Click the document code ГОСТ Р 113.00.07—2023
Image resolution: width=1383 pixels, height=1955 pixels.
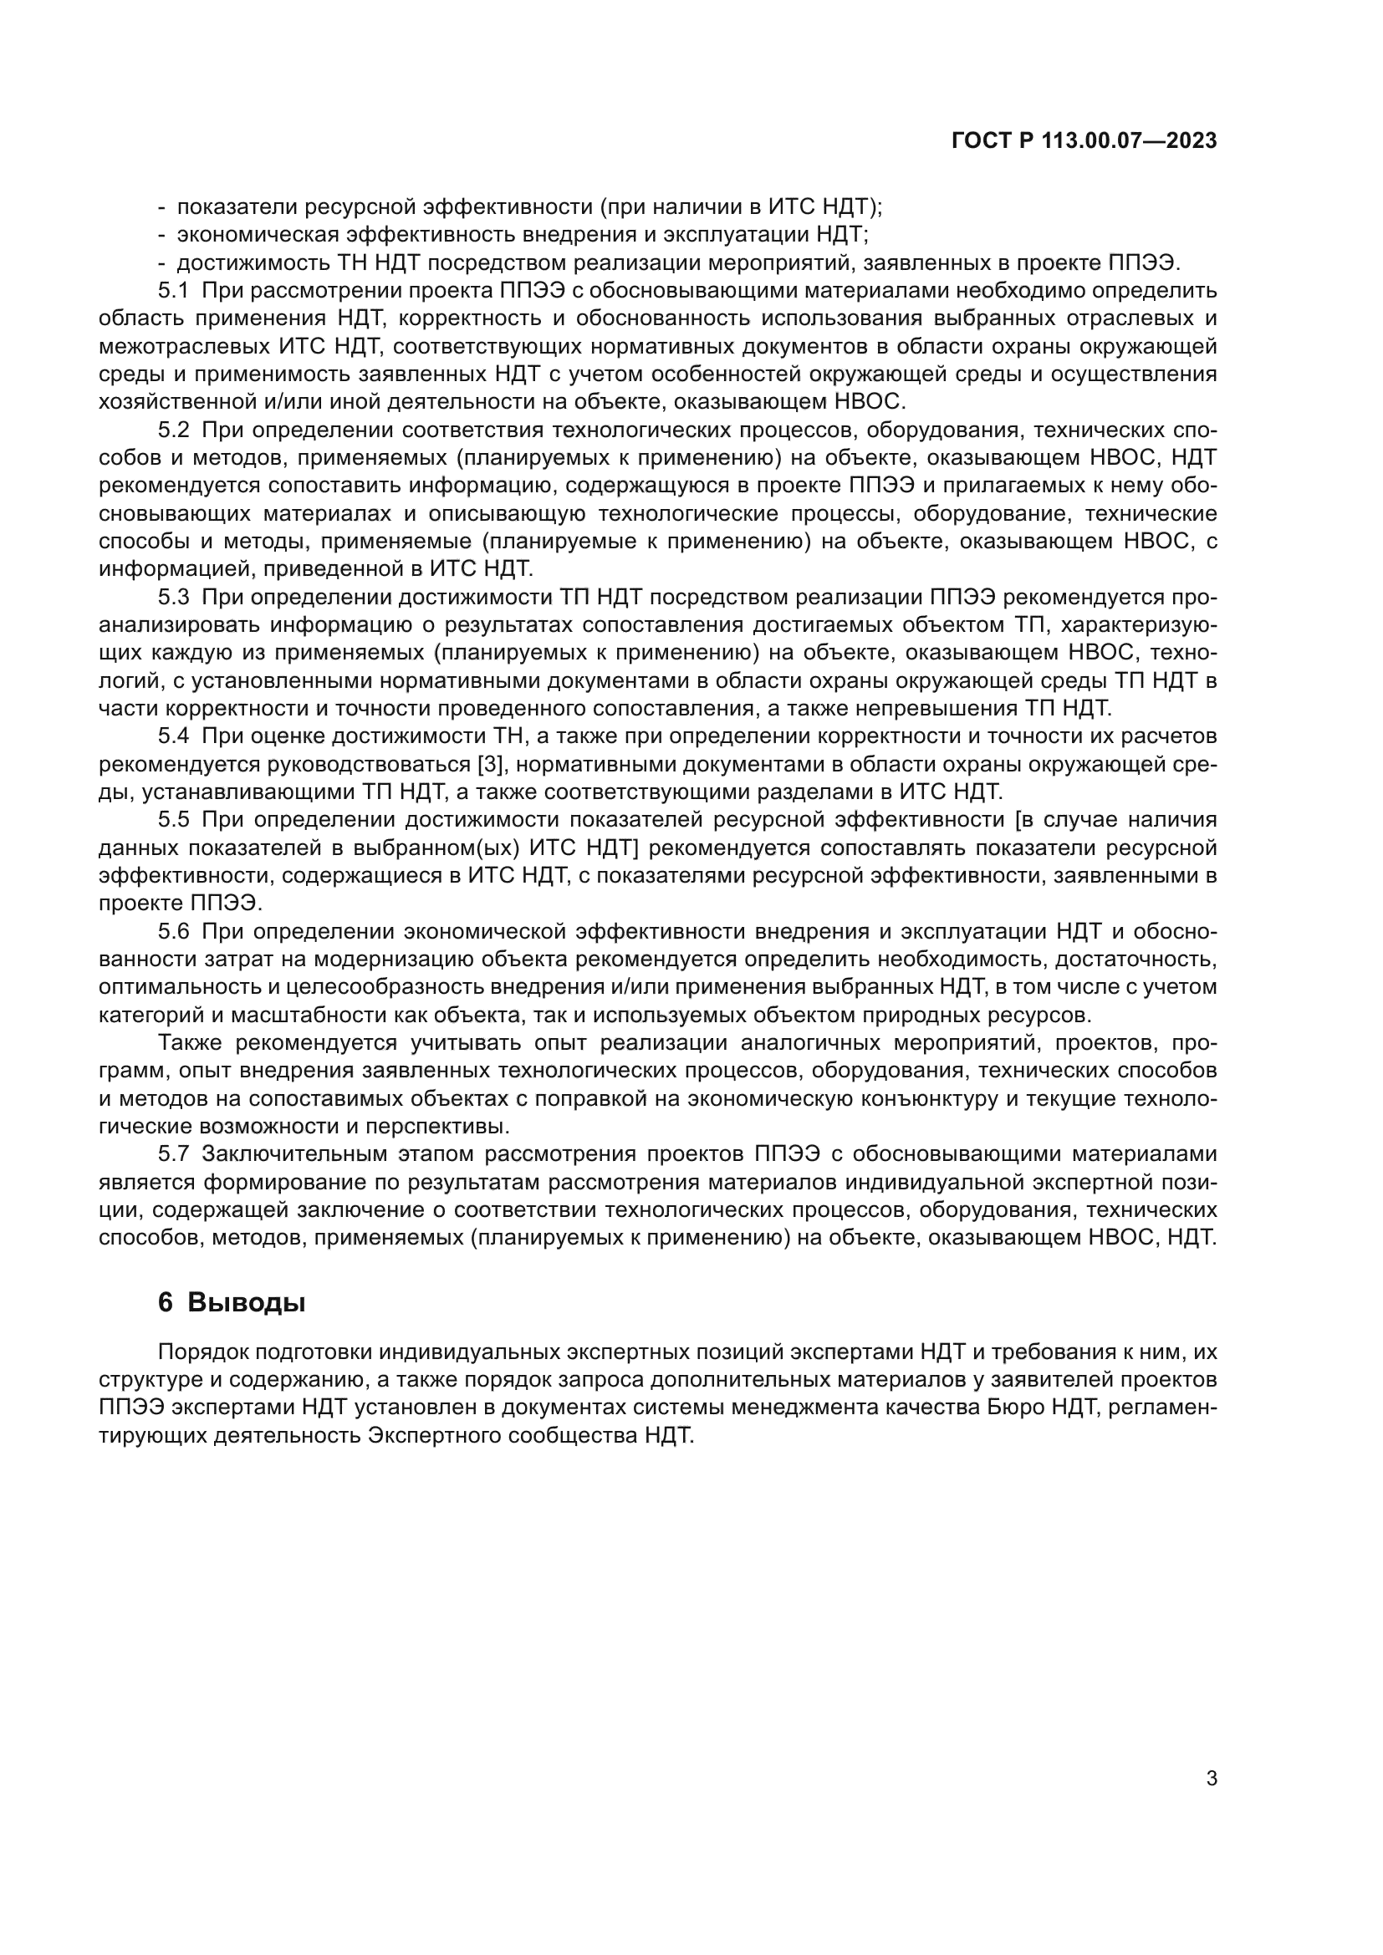point(1083,140)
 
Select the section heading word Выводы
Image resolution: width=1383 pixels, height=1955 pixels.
point(246,1303)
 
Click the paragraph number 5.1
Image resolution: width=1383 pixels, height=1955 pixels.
point(173,291)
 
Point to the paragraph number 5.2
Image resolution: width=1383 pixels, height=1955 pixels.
point(173,430)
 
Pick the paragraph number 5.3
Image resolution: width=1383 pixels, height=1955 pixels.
point(173,597)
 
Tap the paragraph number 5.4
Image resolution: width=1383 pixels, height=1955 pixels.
point(173,736)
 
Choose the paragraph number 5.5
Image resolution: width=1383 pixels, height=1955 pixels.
point(173,819)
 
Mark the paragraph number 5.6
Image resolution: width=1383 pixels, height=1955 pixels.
point(173,930)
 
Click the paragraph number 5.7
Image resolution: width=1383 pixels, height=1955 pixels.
point(173,1153)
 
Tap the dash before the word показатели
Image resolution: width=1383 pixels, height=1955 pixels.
point(162,208)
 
